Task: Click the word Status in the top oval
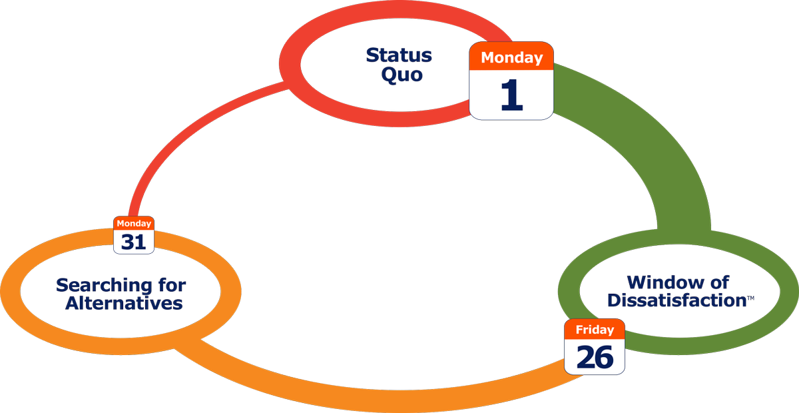399,55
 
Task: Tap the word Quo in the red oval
401,74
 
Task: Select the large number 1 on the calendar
511,95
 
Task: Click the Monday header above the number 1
511,57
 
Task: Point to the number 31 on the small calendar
134,242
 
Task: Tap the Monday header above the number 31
134,224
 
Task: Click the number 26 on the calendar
595,357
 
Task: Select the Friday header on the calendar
595,330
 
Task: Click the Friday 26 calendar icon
595,346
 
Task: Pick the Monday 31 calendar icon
134,235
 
